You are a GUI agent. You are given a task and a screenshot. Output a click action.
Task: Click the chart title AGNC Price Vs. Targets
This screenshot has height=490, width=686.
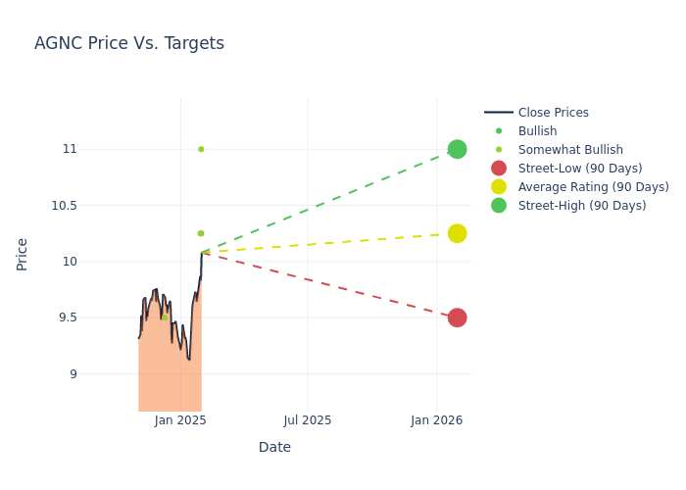coord(129,43)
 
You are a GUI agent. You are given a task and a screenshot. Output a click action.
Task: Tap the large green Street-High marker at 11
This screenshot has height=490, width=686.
coord(458,149)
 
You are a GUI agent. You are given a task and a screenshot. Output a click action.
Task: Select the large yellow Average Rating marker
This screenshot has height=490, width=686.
coord(458,233)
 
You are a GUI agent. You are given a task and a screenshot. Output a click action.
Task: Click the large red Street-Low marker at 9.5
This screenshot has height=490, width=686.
coord(458,318)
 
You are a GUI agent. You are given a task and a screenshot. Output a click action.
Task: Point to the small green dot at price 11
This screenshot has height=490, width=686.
coord(201,149)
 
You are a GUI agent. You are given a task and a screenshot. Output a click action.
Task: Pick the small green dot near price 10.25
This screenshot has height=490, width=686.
coord(201,233)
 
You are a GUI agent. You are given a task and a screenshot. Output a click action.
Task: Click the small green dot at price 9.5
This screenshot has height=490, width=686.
coord(165,318)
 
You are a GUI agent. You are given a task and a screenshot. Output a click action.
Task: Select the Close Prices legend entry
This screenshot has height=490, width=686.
coord(536,113)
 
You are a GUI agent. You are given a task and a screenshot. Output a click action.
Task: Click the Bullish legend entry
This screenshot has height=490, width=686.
coord(520,130)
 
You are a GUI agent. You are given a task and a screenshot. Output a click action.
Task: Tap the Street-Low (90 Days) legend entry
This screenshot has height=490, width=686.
coord(567,168)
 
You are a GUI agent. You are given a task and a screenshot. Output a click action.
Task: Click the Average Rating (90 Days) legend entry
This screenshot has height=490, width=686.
coord(580,187)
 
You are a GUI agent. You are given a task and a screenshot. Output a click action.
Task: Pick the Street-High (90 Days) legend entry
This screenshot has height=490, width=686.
coord(568,205)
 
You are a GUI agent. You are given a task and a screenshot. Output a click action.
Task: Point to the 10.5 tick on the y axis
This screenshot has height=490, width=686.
coord(65,206)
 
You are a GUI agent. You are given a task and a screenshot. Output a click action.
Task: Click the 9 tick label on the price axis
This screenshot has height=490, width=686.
coord(73,374)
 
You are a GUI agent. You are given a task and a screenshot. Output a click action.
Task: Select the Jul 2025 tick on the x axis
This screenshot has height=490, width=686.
coord(308,420)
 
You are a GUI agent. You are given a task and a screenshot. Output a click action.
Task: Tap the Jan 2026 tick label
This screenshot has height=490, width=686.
coord(437,420)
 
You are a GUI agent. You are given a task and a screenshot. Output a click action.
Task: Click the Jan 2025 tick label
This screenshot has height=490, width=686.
coord(180,420)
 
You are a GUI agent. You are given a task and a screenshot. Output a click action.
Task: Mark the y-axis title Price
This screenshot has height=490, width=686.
coord(22,255)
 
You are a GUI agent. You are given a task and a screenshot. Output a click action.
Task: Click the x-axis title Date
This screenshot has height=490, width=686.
coord(274,447)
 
